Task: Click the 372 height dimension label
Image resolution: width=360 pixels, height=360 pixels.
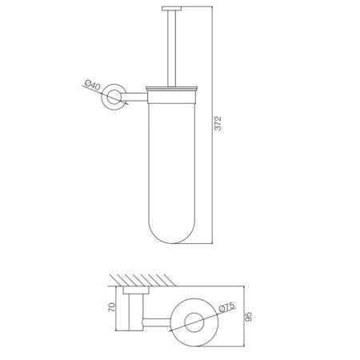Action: point(218,123)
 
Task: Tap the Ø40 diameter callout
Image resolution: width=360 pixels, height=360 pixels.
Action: point(93,85)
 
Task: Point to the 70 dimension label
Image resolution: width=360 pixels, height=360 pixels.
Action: point(112,307)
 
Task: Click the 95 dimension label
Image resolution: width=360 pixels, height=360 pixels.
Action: point(248,316)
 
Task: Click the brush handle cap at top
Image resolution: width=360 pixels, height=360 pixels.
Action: point(171,9)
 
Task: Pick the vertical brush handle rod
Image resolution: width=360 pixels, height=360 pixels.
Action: point(171,49)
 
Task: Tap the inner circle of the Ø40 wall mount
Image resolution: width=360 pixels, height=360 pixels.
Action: point(114,97)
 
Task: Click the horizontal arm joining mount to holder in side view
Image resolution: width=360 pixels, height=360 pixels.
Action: point(135,97)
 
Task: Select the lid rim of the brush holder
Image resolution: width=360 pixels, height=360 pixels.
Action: point(171,89)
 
